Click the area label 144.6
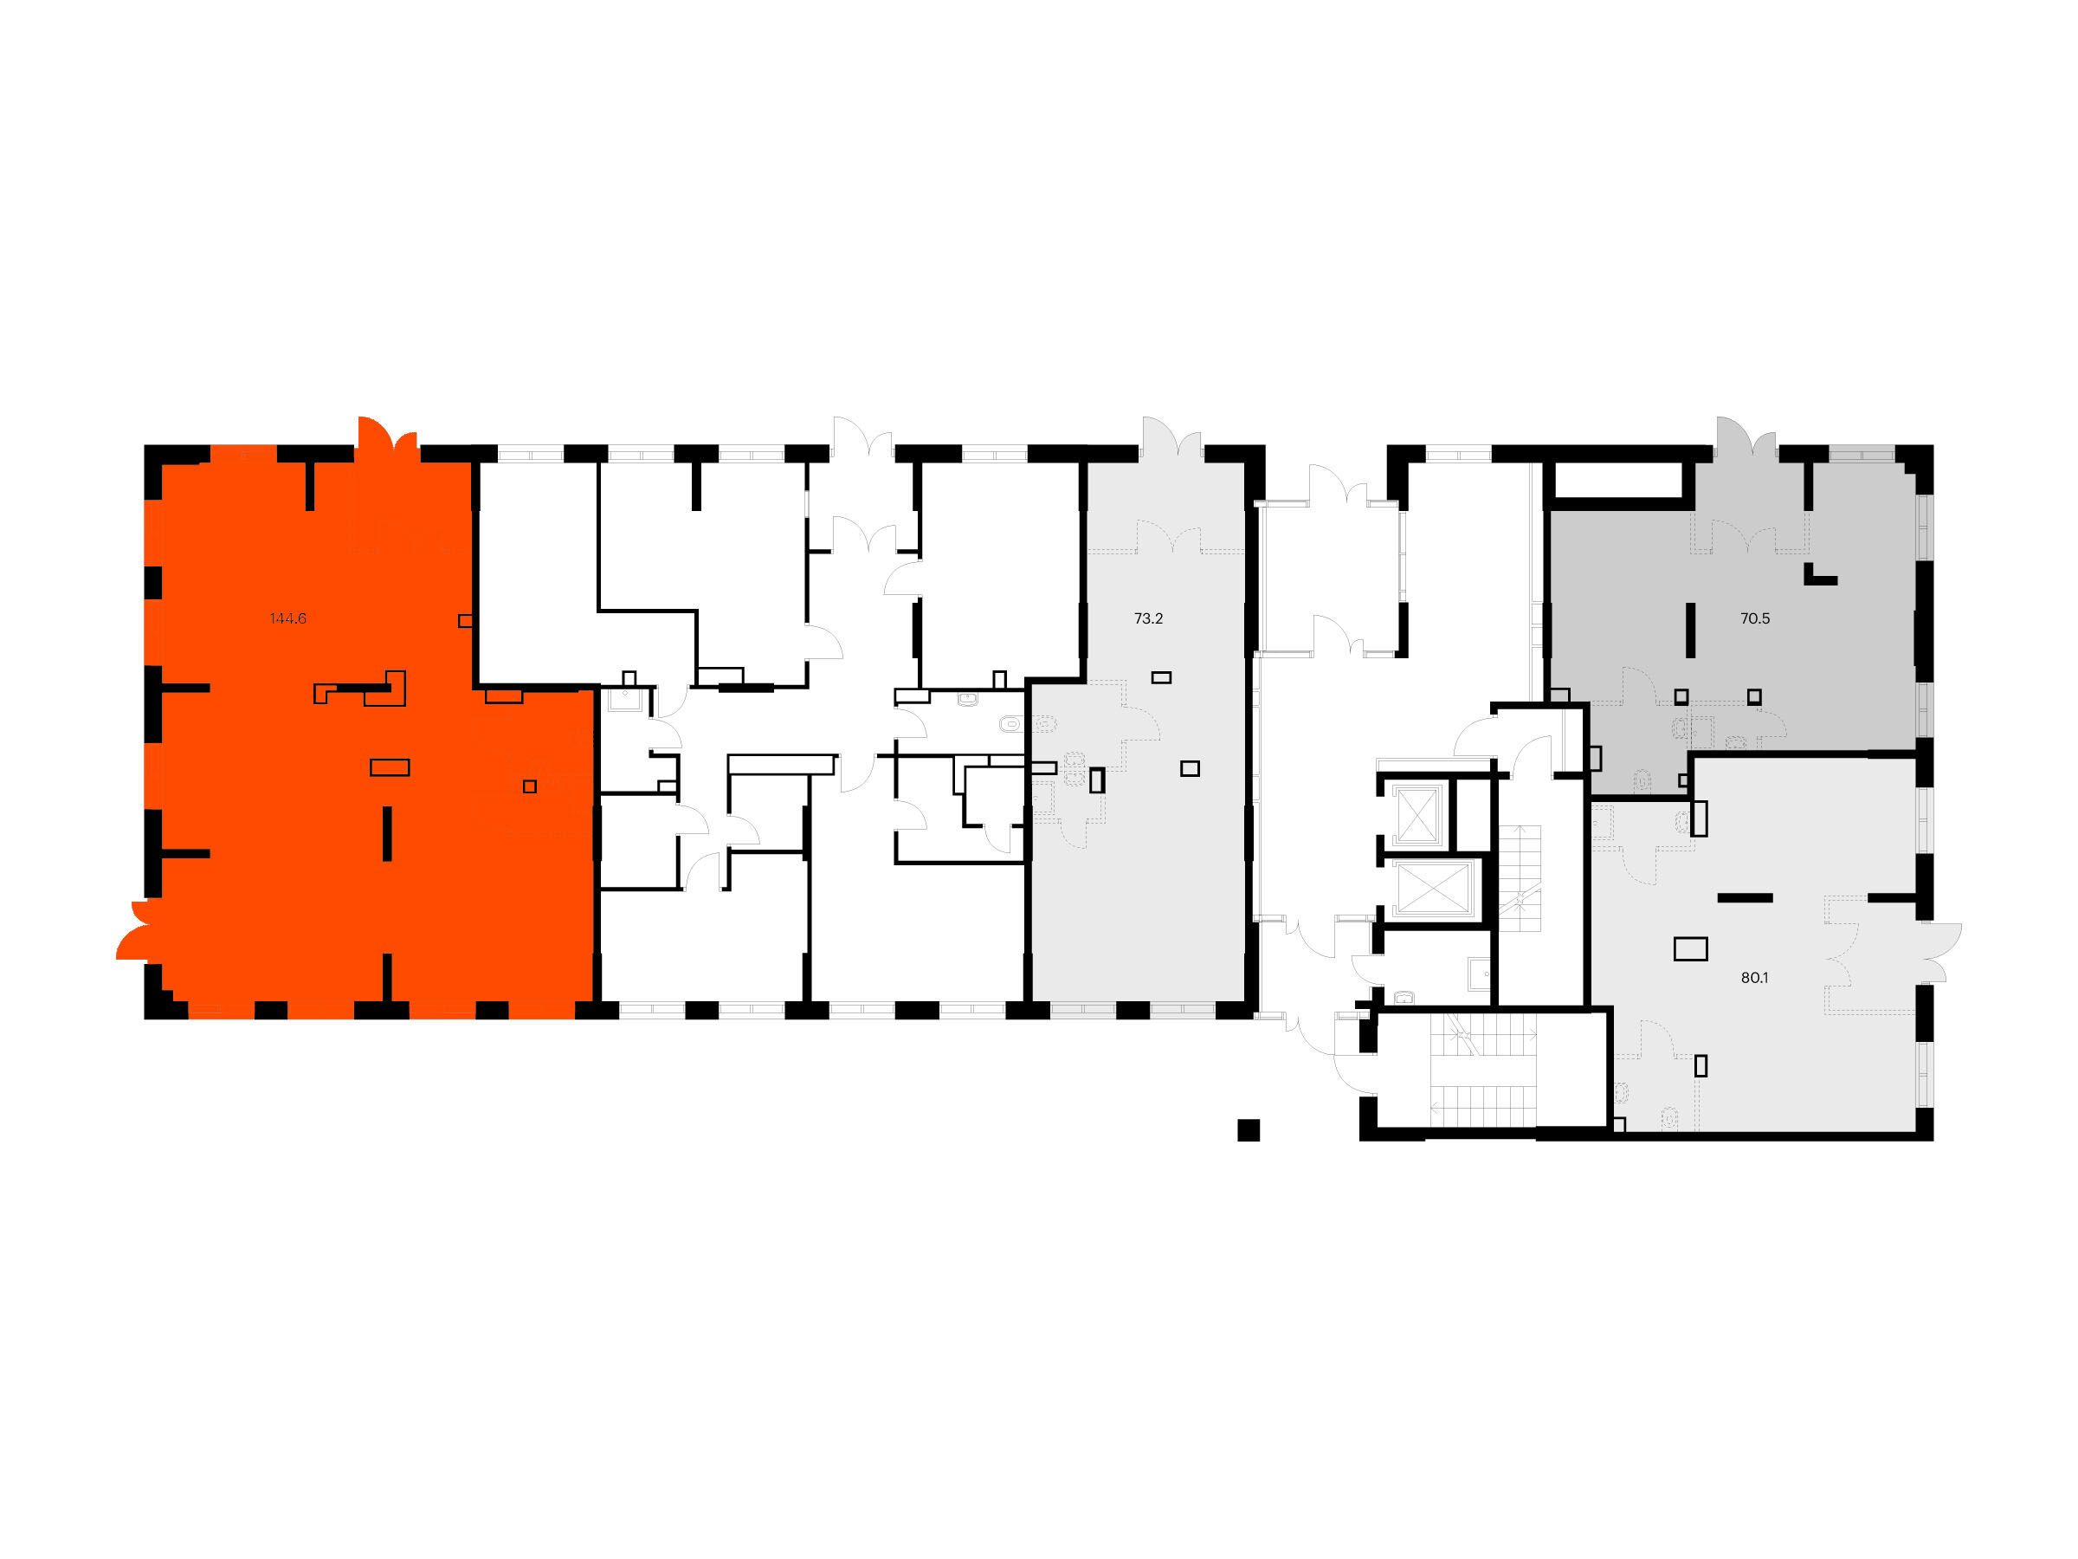[287, 618]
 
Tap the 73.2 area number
[1149, 618]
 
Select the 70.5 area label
[1755, 618]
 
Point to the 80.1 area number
[1755, 977]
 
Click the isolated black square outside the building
[1248, 1129]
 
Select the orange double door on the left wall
[141, 929]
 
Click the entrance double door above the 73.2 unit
[1172, 439]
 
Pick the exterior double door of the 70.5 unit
[1746, 439]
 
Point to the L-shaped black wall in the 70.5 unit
[1820, 574]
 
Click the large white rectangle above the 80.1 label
[1690, 949]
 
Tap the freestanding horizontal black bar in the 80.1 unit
[1745, 897]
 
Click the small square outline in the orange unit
[530, 786]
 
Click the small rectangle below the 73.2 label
[1162, 677]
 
